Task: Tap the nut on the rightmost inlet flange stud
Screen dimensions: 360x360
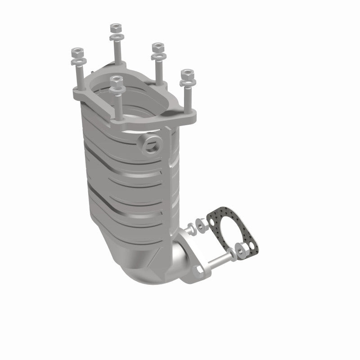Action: click(186, 73)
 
